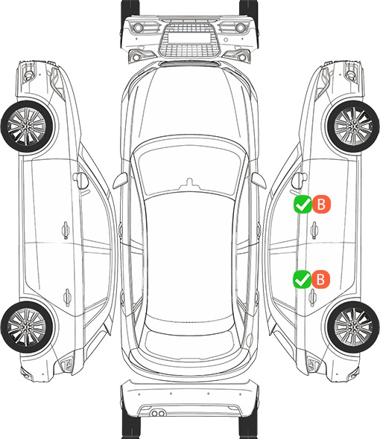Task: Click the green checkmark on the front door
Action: click(x=303, y=205)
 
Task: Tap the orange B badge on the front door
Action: click(x=321, y=205)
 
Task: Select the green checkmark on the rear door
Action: click(x=302, y=279)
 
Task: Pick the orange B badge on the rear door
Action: click(x=320, y=279)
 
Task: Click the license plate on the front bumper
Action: click(x=189, y=38)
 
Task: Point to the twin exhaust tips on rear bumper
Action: click(x=158, y=413)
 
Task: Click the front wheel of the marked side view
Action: click(x=353, y=126)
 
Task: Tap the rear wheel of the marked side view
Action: click(x=352, y=327)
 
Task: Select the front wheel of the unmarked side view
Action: click(x=27, y=126)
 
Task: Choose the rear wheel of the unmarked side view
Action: click(x=27, y=327)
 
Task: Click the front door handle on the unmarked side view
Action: click(x=66, y=230)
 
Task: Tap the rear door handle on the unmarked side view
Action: click(x=67, y=297)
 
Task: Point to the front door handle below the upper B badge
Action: click(x=314, y=230)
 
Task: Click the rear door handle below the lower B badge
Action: click(x=313, y=298)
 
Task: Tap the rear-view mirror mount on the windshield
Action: click(x=189, y=183)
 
